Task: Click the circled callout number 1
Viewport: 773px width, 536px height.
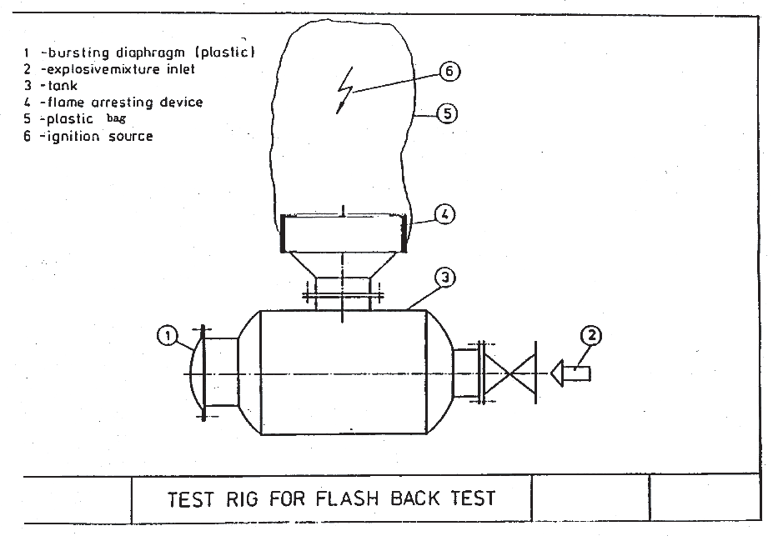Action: click(x=168, y=336)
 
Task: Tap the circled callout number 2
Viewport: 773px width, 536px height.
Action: click(x=590, y=336)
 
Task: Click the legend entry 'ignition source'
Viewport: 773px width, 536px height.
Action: click(x=96, y=136)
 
